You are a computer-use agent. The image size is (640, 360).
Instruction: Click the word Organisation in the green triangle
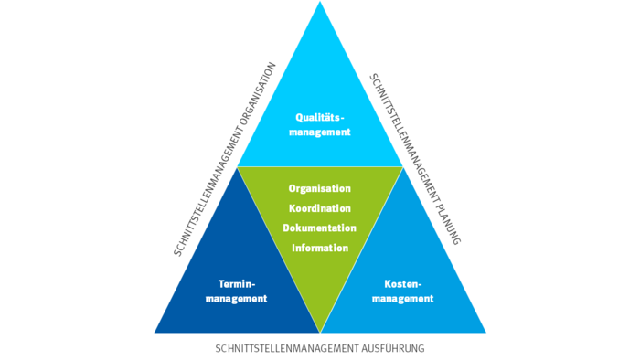tap(320, 188)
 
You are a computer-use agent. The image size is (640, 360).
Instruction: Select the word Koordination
tap(320, 208)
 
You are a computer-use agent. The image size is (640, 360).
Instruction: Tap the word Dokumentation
tap(320, 228)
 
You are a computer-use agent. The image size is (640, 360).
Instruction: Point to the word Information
tap(320, 247)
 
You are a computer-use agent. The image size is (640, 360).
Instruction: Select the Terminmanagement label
tap(236, 291)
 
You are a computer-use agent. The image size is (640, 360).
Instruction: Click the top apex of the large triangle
tap(320, 3)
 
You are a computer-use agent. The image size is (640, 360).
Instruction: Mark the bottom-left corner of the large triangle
tap(155, 332)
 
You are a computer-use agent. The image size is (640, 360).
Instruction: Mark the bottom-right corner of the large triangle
tap(485, 332)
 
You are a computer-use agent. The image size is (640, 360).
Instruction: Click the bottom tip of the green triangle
tap(320, 331)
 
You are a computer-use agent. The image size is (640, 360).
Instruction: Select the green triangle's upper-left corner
tap(239, 167)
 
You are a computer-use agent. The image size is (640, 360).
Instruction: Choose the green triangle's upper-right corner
tap(402, 167)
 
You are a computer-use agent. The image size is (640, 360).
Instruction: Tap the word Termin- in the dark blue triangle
tap(236, 283)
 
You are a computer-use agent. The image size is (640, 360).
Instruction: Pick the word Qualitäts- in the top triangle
tap(320, 117)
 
